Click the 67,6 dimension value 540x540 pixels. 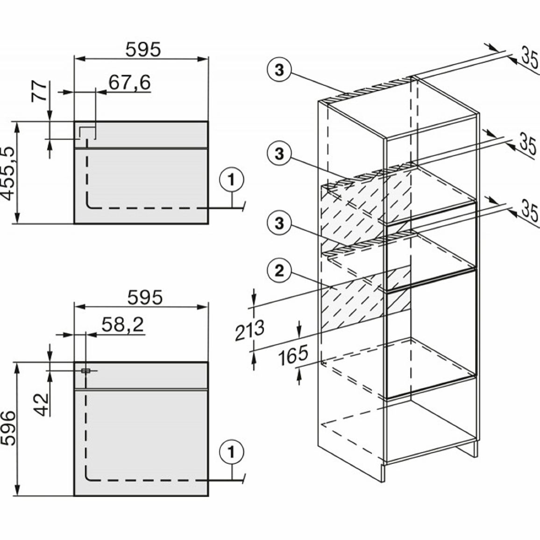click(x=129, y=83)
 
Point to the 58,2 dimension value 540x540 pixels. click(x=123, y=324)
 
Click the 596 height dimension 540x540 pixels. click(x=8, y=428)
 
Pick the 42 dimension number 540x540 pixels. click(x=42, y=405)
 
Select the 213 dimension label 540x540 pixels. click(x=250, y=330)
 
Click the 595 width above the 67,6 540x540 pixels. click(x=143, y=49)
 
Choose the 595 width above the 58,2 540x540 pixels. click(x=145, y=297)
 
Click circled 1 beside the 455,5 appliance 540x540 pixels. click(x=231, y=180)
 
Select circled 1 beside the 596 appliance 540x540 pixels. click(x=231, y=452)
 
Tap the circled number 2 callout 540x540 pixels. click(x=279, y=270)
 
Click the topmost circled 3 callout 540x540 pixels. click(x=279, y=70)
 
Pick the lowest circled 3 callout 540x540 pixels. click(x=279, y=223)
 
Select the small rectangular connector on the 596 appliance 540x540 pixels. click(x=86, y=371)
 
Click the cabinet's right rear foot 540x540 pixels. click(x=475, y=449)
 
